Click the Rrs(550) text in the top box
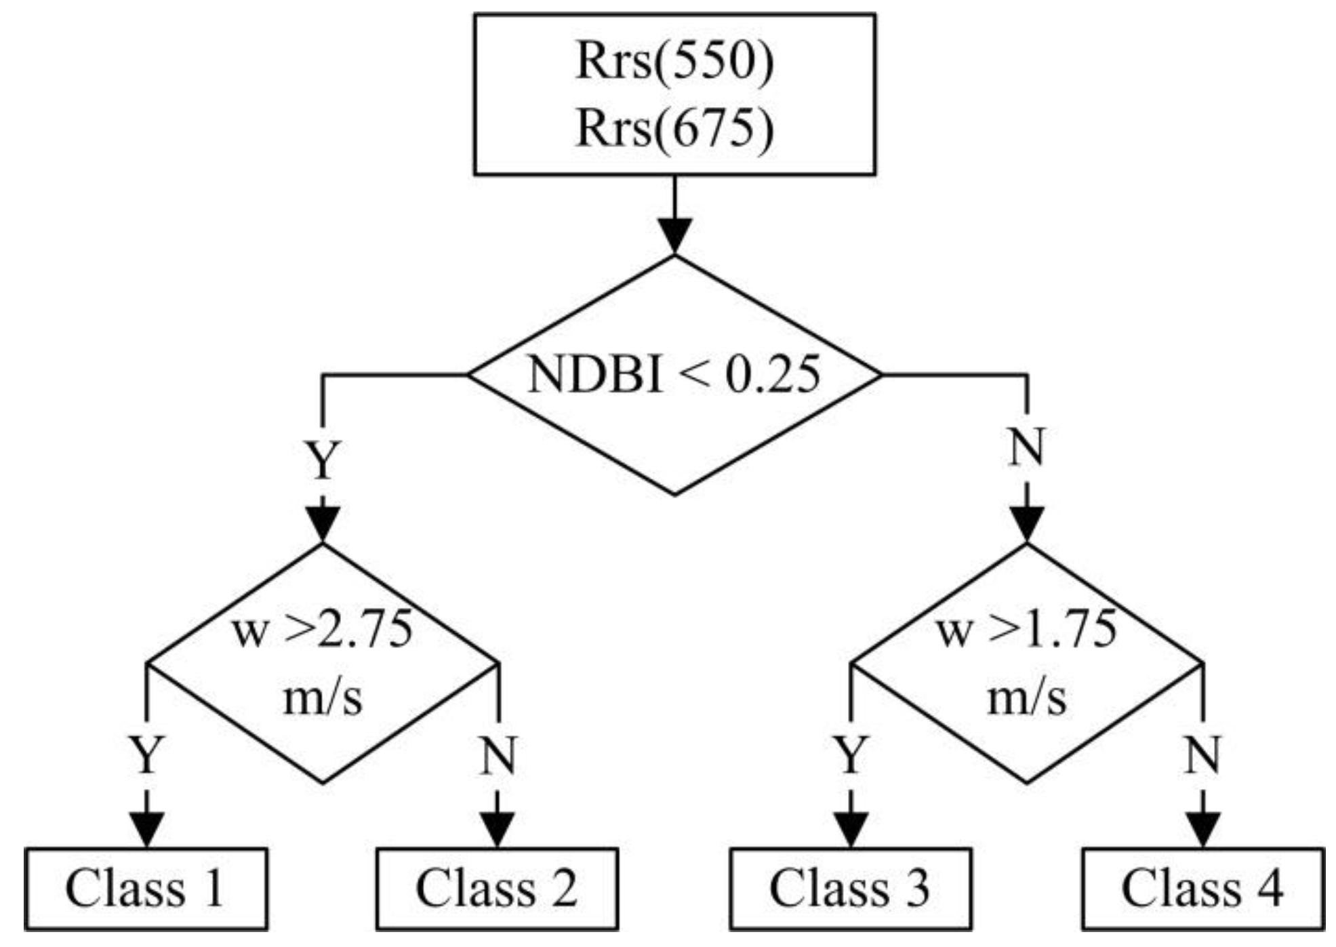click(x=674, y=62)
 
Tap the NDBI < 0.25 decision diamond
click(x=674, y=375)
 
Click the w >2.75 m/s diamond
click(x=323, y=664)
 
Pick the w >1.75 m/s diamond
click(x=1027, y=664)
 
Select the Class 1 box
click(x=146, y=889)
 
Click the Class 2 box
click(x=498, y=889)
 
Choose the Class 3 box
click(x=851, y=889)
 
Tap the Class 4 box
click(x=1203, y=889)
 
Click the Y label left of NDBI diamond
click(x=323, y=460)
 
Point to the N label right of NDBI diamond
click(x=1027, y=447)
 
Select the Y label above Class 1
click(x=146, y=754)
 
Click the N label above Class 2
click(x=498, y=754)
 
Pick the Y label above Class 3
click(x=851, y=754)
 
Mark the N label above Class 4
click(x=1203, y=754)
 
